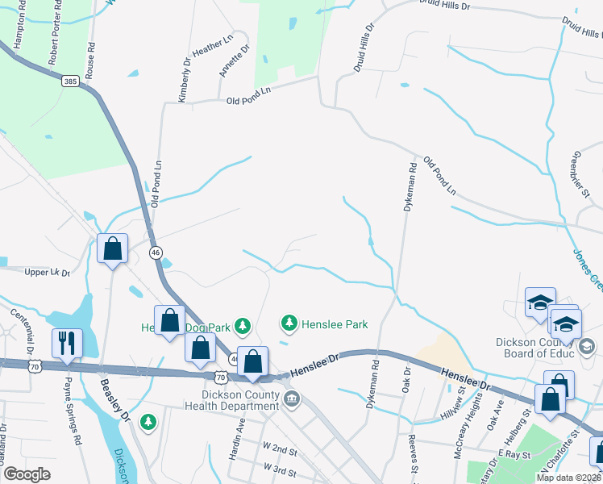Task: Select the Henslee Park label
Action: click(x=335, y=324)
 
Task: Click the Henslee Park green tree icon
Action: click(x=289, y=323)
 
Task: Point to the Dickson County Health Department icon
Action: click(x=291, y=396)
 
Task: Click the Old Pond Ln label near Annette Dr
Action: click(x=248, y=101)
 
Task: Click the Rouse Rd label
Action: click(x=93, y=53)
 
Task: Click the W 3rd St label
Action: click(x=279, y=468)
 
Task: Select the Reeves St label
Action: click(x=414, y=457)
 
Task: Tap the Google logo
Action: click(x=27, y=474)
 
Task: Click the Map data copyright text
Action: click(x=567, y=478)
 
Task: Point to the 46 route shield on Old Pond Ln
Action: click(x=155, y=252)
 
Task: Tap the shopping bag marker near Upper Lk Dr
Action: click(x=113, y=248)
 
